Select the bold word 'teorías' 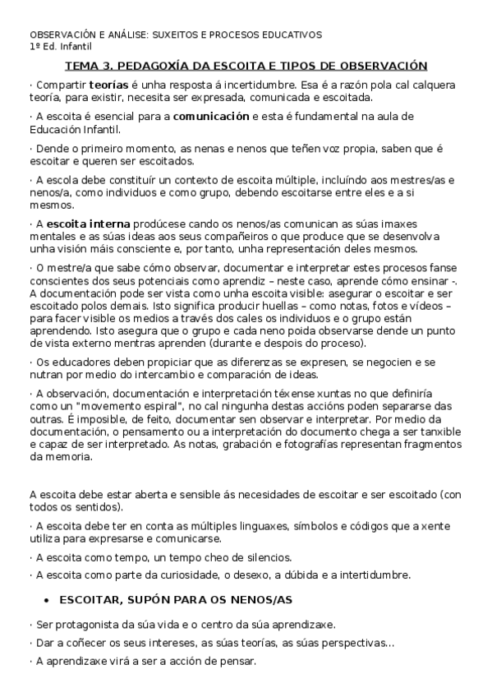pyautogui.click(x=108, y=85)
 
